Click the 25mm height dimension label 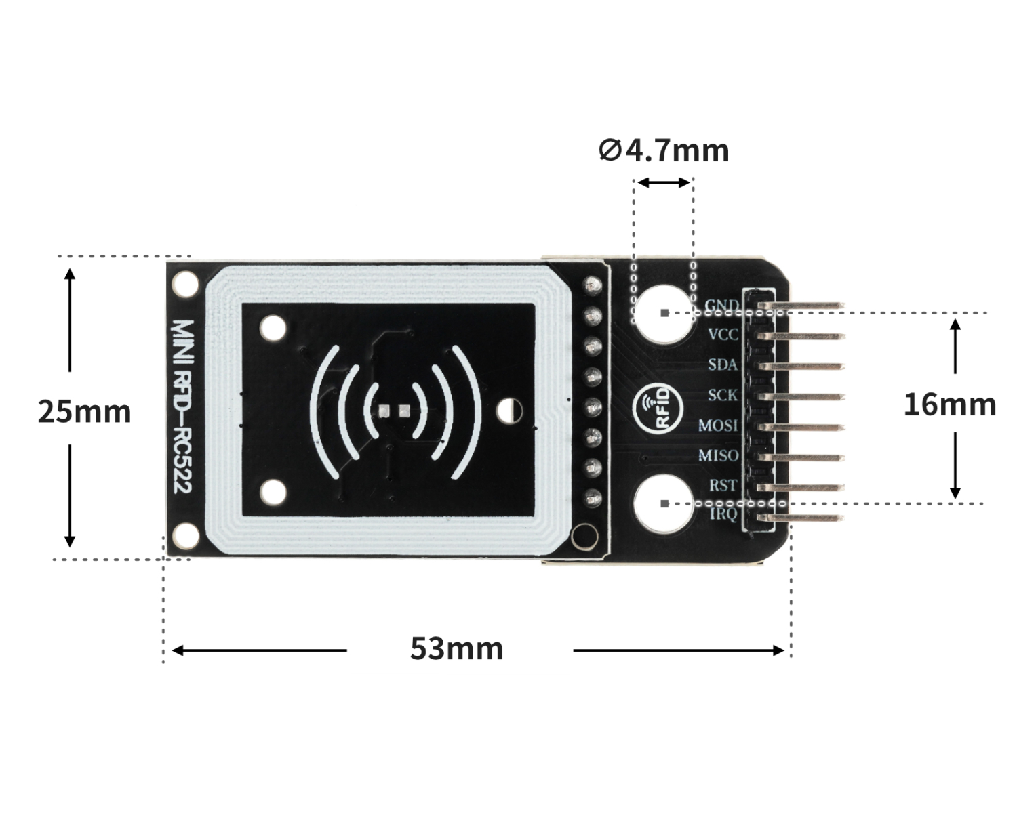coord(84,412)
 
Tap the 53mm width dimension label coord(456,649)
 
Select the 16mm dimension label coord(949,405)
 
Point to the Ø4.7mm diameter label coord(664,150)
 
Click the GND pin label coord(721,305)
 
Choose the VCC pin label coord(723,335)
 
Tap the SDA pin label coord(723,364)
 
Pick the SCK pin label coord(723,395)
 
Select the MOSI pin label coord(719,425)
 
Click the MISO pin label coord(719,455)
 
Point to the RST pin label coord(723,485)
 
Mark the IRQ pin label coord(723,515)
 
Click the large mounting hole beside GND coord(664,313)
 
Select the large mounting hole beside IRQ coord(664,503)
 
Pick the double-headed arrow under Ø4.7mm coord(664,182)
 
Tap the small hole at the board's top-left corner coord(184,284)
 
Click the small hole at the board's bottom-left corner coord(184,537)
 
